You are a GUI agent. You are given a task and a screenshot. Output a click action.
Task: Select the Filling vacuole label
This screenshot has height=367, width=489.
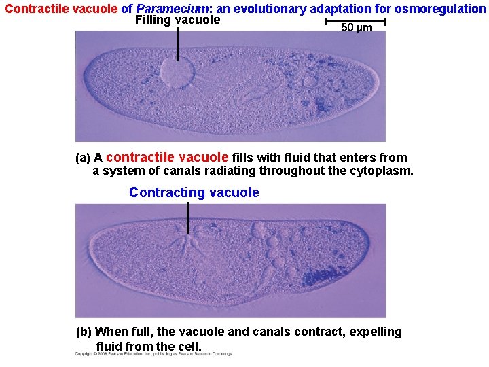pyautogui.click(x=177, y=20)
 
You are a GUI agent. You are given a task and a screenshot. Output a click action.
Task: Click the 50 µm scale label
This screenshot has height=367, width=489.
pyautogui.click(x=356, y=28)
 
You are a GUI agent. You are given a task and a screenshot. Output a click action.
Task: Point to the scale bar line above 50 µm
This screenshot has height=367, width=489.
pyautogui.click(x=355, y=22)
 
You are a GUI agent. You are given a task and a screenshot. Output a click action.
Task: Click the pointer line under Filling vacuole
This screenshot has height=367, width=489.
pyautogui.click(x=177, y=43)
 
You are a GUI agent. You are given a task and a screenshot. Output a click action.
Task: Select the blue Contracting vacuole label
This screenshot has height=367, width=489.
pyautogui.click(x=194, y=192)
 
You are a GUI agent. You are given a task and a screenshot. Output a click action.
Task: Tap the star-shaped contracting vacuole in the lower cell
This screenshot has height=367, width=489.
pyautogui.click(x=189, y=242)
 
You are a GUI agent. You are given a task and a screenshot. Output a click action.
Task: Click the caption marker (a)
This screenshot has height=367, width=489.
pyautogui.click(x=82, y=158)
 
